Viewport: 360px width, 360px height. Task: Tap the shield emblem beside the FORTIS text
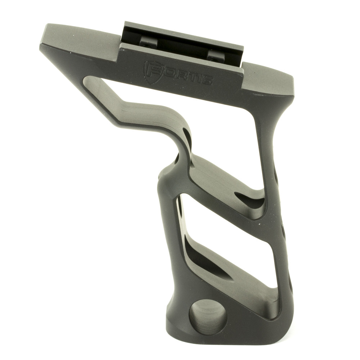[x=150, y=69]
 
